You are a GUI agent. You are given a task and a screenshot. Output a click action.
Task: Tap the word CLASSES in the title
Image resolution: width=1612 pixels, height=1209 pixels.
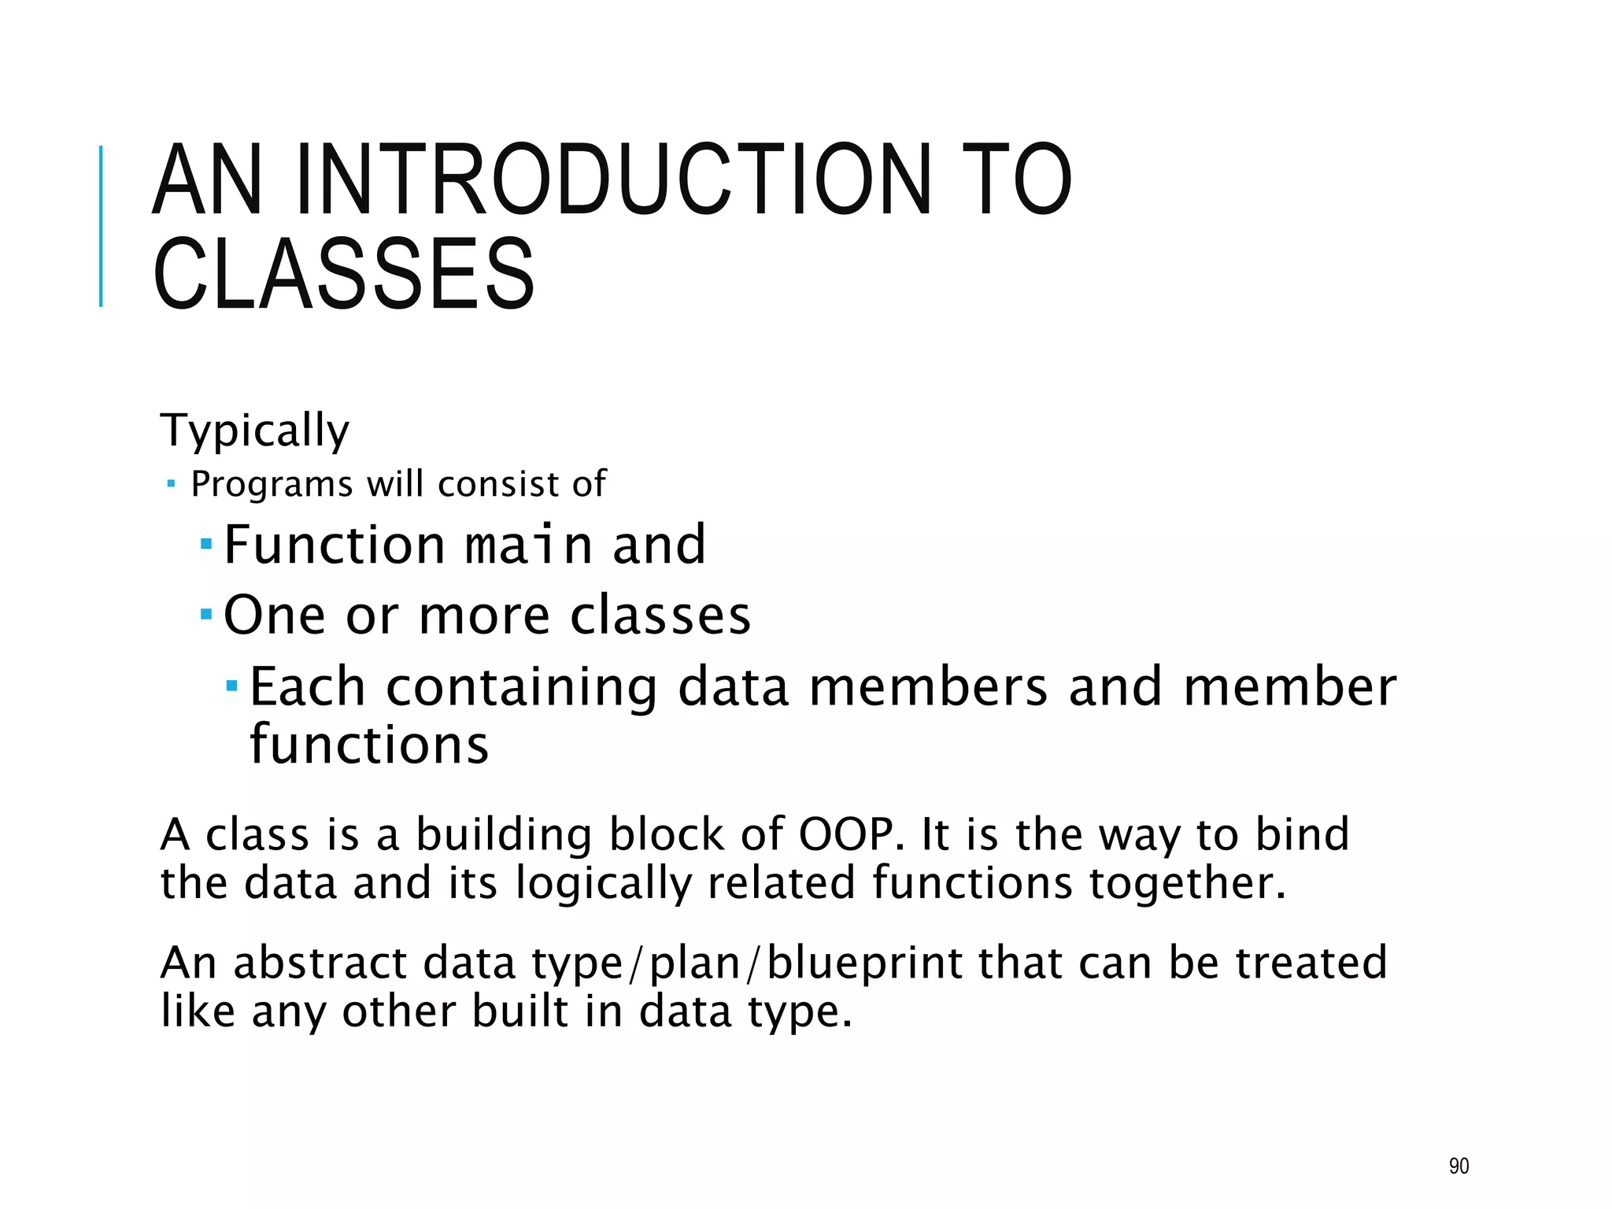(x=344, y=273)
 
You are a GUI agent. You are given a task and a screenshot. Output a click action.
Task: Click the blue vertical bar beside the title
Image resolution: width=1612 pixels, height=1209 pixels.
(x=101, y=226)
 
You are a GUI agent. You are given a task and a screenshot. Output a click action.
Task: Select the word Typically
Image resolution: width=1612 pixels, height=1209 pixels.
(x=255, y=431)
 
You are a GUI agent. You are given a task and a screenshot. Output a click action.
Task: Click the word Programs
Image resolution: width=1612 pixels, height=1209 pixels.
(x=272, y=484)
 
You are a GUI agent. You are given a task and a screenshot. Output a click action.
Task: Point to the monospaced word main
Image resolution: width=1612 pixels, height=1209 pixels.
(x=528, y=545)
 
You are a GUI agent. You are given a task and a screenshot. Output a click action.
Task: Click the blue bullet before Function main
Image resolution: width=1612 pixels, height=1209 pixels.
(x=206, y=544)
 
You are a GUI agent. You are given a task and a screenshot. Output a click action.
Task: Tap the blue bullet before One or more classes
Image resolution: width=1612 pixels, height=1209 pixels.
(x=206, y=613)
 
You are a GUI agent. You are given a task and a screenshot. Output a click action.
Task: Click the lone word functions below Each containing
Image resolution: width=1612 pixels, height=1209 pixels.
(x=369, y=745)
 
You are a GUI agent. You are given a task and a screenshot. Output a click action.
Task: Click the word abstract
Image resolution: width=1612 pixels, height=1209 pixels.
(x=320, y=963)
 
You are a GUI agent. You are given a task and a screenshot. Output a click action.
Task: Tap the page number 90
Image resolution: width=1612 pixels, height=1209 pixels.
(x=1459, y=1166)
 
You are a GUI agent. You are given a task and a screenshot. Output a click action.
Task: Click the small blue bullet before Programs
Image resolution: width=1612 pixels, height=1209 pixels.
(x=172, y=483)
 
